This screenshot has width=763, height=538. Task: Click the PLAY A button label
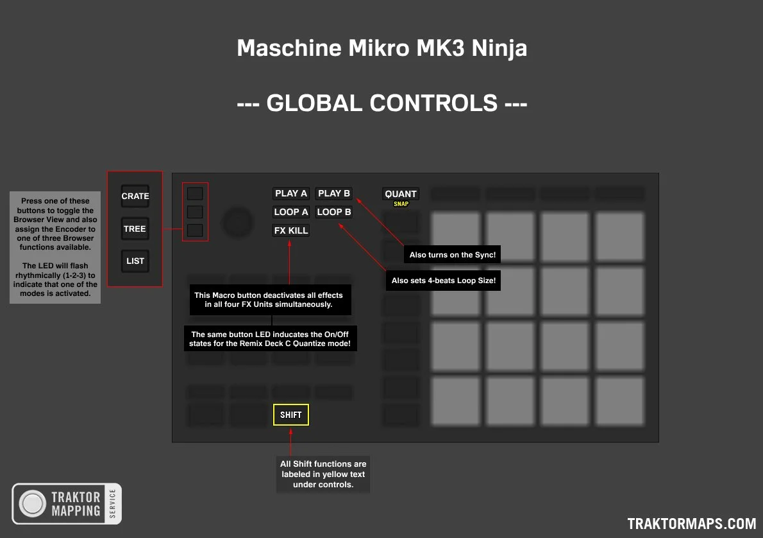point(291,193)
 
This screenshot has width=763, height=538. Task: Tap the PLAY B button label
point(334,193)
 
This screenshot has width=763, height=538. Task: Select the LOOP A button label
point(291,212)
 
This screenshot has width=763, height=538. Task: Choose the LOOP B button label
point(334,212)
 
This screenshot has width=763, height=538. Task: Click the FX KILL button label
point(291,230)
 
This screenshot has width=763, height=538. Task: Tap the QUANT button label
point(401,194)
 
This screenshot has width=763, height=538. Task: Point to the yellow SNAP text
point(401,204)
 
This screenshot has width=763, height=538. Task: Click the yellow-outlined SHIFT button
point(291,415)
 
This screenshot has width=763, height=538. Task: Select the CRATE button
point(135,196)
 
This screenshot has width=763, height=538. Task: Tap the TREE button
point(135,229)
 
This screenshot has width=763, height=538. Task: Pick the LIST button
point(135,261)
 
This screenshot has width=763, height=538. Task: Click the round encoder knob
point(237,223)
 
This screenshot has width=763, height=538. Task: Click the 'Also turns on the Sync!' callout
point(453,254)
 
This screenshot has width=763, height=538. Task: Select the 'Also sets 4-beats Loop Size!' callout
point(443,281)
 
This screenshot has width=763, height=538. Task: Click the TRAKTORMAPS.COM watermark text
point(691,524)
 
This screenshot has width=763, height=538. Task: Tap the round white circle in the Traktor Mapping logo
point(33,504)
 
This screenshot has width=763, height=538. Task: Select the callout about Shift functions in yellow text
point(323,474)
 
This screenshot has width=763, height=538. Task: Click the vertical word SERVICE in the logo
point(113,504)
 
